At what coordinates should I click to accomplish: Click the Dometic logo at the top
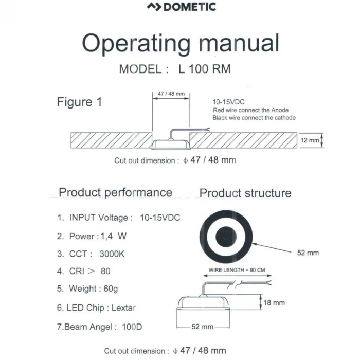click(x=181, y=7)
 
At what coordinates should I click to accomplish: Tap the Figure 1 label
click(x=79, y=102)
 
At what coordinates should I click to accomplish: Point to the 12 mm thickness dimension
click(x=310, y=140)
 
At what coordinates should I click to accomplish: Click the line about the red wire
click(x=250, y=110)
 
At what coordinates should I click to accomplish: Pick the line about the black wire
click(x=254, y=118)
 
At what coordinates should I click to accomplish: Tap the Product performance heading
click(x=115, y=192)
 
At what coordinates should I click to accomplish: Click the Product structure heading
click(x=245, y=193)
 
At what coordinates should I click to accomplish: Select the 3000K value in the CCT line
click(x=112, y=254)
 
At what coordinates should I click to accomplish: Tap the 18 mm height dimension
click(x=274, y=303)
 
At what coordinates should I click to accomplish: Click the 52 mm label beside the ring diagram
click(x=308, y=253)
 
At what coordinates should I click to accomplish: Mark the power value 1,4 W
click(x=115, y=237)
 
